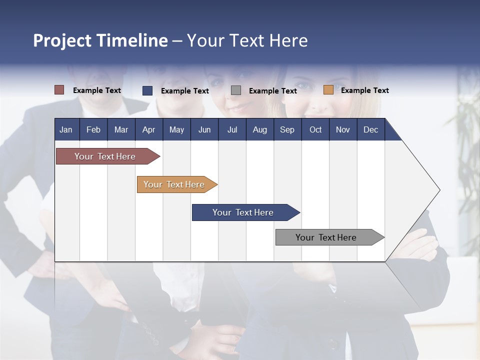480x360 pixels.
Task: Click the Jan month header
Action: [66, 129]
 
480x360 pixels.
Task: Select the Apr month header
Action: [148, 129]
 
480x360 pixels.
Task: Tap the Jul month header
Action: [232, 129]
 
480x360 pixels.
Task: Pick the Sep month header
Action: [287, 129]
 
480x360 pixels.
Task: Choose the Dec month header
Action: [370, 129]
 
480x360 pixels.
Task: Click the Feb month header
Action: [93, 129]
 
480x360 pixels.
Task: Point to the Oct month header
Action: [315, 129]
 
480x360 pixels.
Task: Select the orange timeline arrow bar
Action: [175, 184]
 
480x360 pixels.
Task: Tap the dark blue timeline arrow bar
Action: [244, 212]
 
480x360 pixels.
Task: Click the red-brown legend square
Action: [59, 90]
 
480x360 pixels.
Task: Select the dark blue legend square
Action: [147, 90]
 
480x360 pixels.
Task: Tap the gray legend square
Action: [236, 90]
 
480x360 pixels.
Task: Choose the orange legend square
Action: [328, 90]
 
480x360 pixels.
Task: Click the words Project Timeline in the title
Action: [100, 40]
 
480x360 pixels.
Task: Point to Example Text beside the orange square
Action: [364, 90]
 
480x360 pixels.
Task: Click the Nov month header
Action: [343, 129]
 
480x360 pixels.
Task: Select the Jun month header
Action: [204, 129]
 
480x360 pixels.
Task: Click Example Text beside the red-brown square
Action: [97, 90]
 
